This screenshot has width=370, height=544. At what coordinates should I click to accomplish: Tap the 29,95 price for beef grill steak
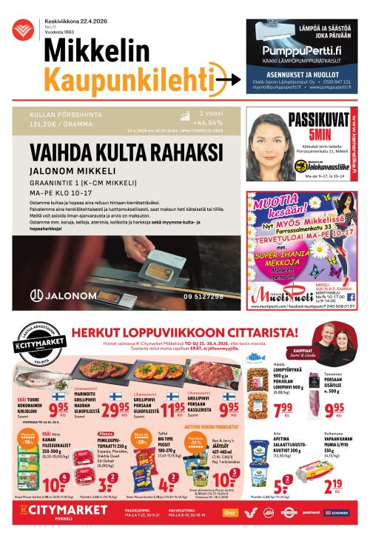(115, 410)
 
